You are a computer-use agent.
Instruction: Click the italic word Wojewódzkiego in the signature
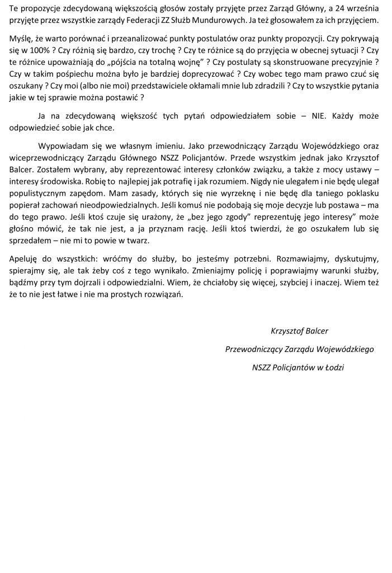pyautogui.click(x=344, y=349)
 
